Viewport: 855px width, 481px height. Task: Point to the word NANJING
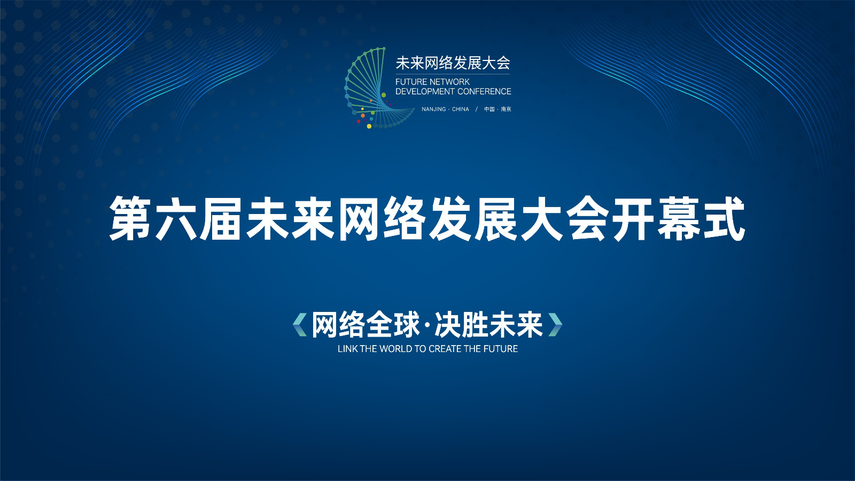433,109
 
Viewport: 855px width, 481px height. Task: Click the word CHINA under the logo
460,109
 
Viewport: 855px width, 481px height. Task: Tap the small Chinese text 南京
506,109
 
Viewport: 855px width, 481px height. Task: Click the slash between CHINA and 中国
476,109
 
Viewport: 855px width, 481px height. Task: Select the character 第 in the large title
130,218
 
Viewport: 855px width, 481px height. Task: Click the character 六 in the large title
176,218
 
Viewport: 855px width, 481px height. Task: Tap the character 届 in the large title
222,218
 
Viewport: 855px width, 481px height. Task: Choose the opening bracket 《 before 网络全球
300,325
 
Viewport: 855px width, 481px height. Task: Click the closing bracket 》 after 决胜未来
555,325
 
